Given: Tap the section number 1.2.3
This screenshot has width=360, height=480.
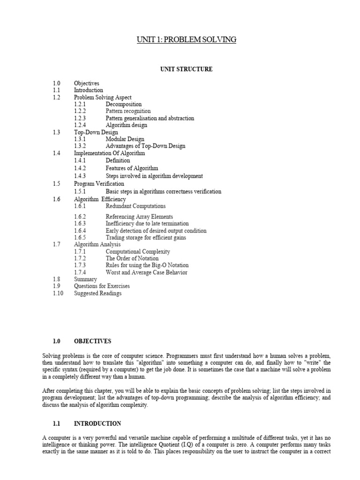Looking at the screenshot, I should point(80,119).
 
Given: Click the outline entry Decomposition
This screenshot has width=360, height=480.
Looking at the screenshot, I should point(124,105).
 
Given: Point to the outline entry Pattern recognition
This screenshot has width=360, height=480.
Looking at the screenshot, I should point(128,112).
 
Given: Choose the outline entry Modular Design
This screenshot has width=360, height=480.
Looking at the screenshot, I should point(125,139).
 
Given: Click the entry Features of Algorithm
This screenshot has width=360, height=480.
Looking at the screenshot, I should point(132,168).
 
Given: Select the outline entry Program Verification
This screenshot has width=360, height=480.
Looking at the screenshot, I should point(99,184).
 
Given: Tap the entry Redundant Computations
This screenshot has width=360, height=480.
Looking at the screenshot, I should point(135,206).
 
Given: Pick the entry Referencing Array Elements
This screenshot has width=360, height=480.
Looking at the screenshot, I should point(139,217).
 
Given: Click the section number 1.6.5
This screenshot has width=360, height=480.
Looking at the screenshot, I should point(80,238).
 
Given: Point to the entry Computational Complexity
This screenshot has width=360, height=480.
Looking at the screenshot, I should point(138,252).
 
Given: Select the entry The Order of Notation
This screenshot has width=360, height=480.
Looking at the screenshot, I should point(132,258).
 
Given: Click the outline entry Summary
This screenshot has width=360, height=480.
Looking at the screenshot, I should point(85,279).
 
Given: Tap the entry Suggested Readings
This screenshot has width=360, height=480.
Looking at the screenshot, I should point(97,293).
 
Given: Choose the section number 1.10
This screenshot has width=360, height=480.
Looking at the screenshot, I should point(58,293).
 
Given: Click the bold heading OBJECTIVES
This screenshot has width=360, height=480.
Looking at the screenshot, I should point(93,341).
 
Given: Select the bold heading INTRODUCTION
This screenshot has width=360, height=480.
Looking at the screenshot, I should point(97,424).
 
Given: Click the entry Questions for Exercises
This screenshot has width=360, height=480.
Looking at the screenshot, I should point(102,286).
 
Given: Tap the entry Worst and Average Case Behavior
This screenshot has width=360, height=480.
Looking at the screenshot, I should point(146,272).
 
